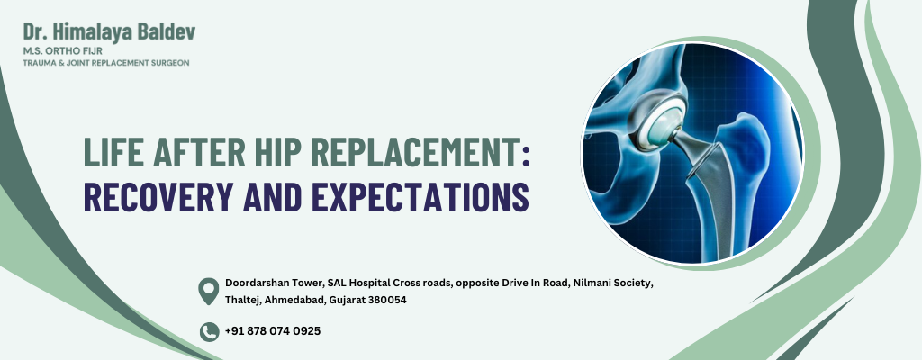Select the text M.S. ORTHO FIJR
point(62,51)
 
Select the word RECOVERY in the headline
point(158,196)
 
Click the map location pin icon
point(209,292)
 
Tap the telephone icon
point(209,332)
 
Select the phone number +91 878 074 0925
point(273,331)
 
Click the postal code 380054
point(387,300)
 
